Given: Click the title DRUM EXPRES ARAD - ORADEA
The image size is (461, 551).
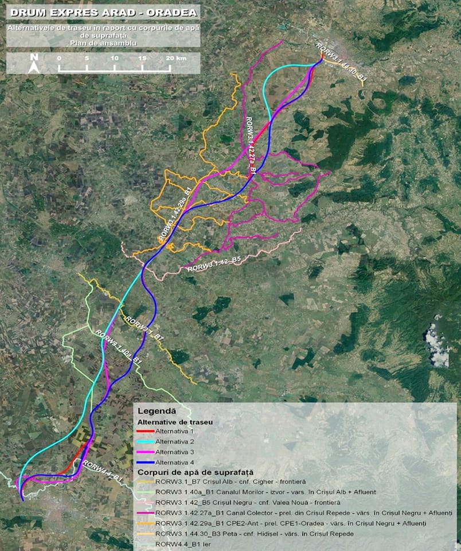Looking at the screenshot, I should (103, 11).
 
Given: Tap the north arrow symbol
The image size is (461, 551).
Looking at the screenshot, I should (34, 62).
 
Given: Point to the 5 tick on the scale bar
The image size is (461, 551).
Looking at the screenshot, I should (87, 59).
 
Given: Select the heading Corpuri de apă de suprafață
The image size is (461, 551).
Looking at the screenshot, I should (195, 471).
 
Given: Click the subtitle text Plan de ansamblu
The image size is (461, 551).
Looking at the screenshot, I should (103, 42).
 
